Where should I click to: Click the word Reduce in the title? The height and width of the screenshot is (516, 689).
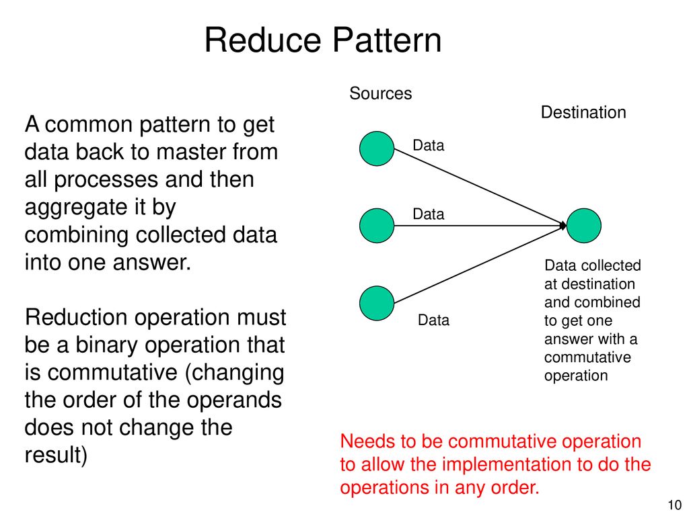pyautogui.click(x=264, y=40)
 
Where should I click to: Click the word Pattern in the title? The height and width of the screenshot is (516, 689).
pyautogui.click(x=387, y=40)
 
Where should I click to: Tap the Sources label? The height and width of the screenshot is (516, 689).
pyautogui.click(x=381, y=93)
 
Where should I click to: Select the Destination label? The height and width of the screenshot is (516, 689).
pyautogui.click(x=583, y=112)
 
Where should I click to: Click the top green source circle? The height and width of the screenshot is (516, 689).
pyautogui.click(x=377, y=148)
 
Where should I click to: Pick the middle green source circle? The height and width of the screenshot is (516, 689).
pyautogui.click(x=377, y=226)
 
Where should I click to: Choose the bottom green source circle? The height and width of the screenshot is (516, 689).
pyautogui.click(x=377, y=303)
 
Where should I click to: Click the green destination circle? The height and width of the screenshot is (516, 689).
pyautogui.click(x=584, y=226)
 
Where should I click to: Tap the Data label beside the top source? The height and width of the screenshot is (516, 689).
pyautogui.click(x=429, y=145)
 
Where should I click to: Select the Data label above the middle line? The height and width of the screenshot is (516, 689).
pyautogui.click(x=429, y=214)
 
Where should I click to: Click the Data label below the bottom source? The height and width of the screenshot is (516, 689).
pyautogui.click(x=434, y=320)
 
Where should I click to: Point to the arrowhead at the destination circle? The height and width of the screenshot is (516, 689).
pyautogui.click(x=564, y=226)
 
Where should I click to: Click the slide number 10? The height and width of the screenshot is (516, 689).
pyautogui.click(x=674, y=505)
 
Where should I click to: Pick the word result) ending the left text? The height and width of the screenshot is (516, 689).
pyautogui.click(x=57, y=455)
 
